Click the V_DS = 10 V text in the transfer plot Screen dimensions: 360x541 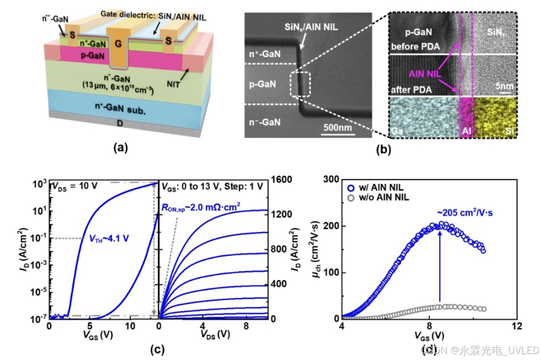pyautogui.click(x=73, y=187)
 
